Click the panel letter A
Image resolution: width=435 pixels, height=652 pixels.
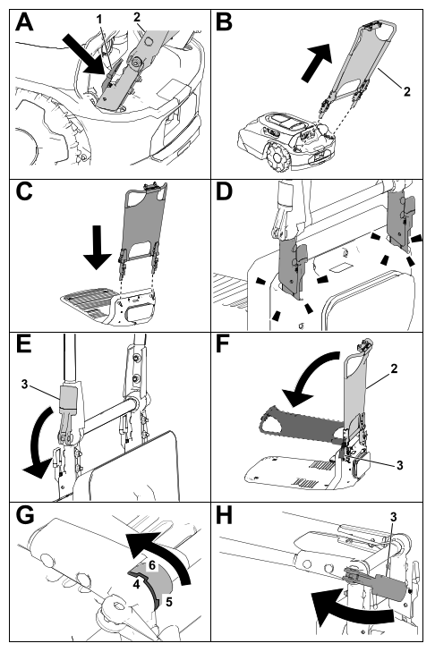click(24, 22)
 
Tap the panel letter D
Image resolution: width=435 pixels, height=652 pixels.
click(225, 191)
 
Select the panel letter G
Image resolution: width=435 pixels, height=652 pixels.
click(24, 516)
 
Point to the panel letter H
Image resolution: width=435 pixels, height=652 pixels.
click(225, 516)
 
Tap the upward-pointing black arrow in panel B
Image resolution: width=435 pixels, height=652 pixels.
click(316, 62)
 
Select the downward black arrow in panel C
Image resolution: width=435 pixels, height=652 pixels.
click(97, 247)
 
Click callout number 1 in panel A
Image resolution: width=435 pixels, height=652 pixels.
click(98, 19)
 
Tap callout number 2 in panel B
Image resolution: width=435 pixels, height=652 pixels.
click(406, 91)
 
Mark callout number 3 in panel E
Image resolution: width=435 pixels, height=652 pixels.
click(24, 385)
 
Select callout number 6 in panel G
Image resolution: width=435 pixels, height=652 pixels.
click(152, 565)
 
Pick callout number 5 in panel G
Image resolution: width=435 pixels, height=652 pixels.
click(169, 602)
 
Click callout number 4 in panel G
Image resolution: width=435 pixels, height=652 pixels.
click(136, 584)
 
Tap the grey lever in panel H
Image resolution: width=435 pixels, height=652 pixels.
click(374, 584)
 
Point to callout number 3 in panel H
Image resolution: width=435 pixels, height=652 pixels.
click(393, 517)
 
